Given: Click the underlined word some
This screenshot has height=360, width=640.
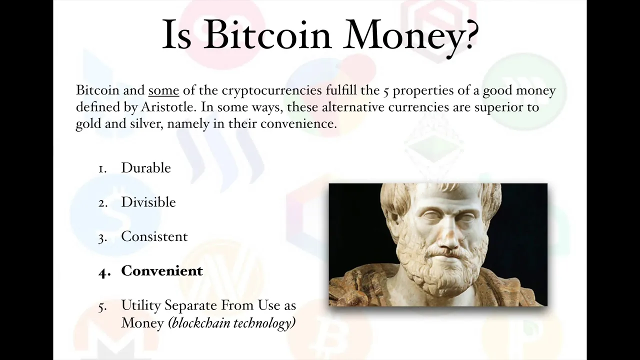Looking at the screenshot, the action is [x=163, y=90].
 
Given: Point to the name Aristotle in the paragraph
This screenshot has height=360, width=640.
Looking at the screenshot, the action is [x=167, y=107].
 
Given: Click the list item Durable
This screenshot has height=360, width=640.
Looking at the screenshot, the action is [x=146, y=167].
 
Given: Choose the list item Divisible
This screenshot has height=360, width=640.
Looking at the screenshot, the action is [x=148, y=202].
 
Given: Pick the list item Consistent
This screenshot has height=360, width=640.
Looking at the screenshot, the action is [x=154, y=236].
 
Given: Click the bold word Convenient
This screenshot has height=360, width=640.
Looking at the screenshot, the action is [x=162, y=271].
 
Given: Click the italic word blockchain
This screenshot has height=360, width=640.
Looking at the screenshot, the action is [x=199, y=323].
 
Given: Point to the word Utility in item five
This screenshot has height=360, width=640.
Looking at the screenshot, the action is [x=141, y=305].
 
